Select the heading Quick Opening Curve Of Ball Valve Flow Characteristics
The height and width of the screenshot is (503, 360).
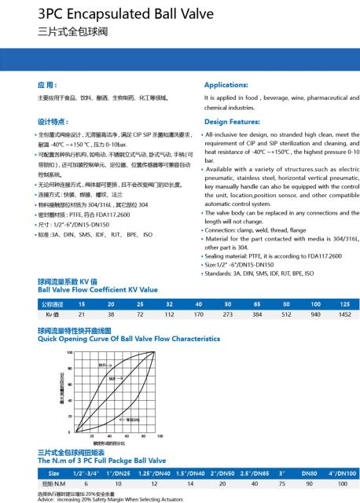tap(129, 339)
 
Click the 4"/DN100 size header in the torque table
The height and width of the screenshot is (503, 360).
tap(341, 474)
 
